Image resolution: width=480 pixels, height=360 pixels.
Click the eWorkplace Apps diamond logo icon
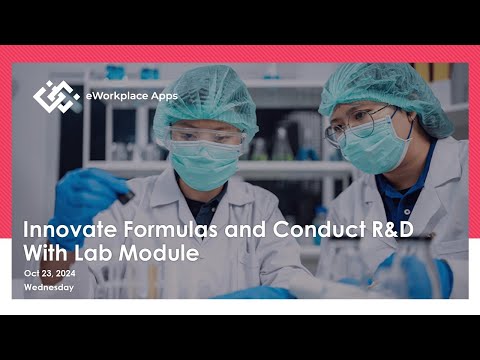click(56, 96)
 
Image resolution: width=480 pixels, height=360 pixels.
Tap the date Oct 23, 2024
click(50, 273)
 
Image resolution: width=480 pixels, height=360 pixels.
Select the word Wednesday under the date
click(48, 287)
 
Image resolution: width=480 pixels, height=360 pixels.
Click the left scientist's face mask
click(205, 162)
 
